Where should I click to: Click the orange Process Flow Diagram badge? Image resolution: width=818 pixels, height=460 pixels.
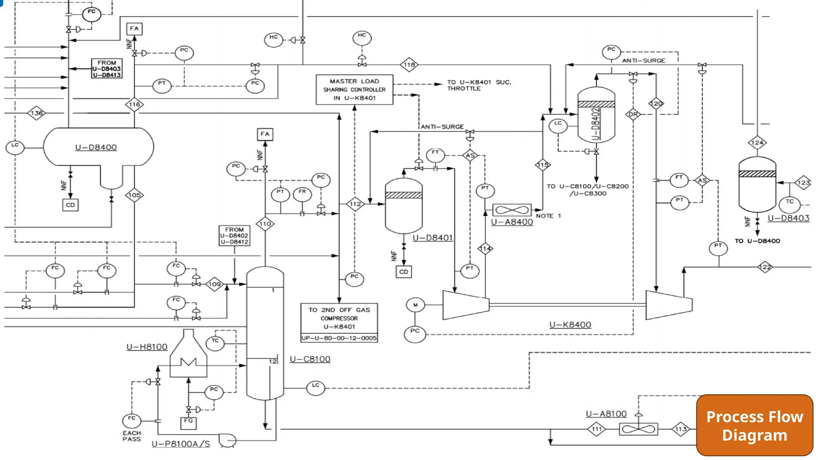click(754, 425)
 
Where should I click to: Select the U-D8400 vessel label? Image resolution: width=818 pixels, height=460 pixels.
click(96, 147)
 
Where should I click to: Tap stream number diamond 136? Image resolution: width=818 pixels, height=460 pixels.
click(36, 113)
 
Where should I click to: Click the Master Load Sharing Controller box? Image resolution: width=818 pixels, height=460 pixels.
click(354, 89)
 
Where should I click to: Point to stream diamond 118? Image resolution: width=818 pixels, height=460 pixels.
click(409, 65)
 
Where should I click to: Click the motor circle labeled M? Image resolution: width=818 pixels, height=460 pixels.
click(415, 305)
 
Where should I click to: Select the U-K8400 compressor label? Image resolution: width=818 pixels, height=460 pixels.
click(570, 325)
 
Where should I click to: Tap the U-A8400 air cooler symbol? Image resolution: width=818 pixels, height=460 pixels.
click(512, 210)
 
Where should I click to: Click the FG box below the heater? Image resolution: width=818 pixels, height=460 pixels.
click(189, 422)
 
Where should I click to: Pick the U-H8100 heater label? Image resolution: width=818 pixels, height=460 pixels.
click(147, 347)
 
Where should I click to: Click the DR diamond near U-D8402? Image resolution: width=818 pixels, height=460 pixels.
click(633, 114)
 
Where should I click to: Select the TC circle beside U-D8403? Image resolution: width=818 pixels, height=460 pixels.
click(789, 204)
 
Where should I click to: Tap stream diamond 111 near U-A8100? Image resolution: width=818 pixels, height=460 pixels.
click(596, 429)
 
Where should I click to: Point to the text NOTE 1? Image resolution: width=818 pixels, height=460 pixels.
click(548, 216)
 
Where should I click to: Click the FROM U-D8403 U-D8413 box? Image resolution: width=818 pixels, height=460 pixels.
click(107, 69)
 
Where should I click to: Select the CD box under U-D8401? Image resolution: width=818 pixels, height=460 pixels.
click(404, 272)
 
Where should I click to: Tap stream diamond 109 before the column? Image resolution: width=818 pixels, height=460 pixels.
click(214, 284)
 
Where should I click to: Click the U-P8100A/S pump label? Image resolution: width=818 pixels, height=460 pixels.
click(181, 444)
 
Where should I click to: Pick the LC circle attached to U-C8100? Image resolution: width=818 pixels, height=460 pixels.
click(316, 388)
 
